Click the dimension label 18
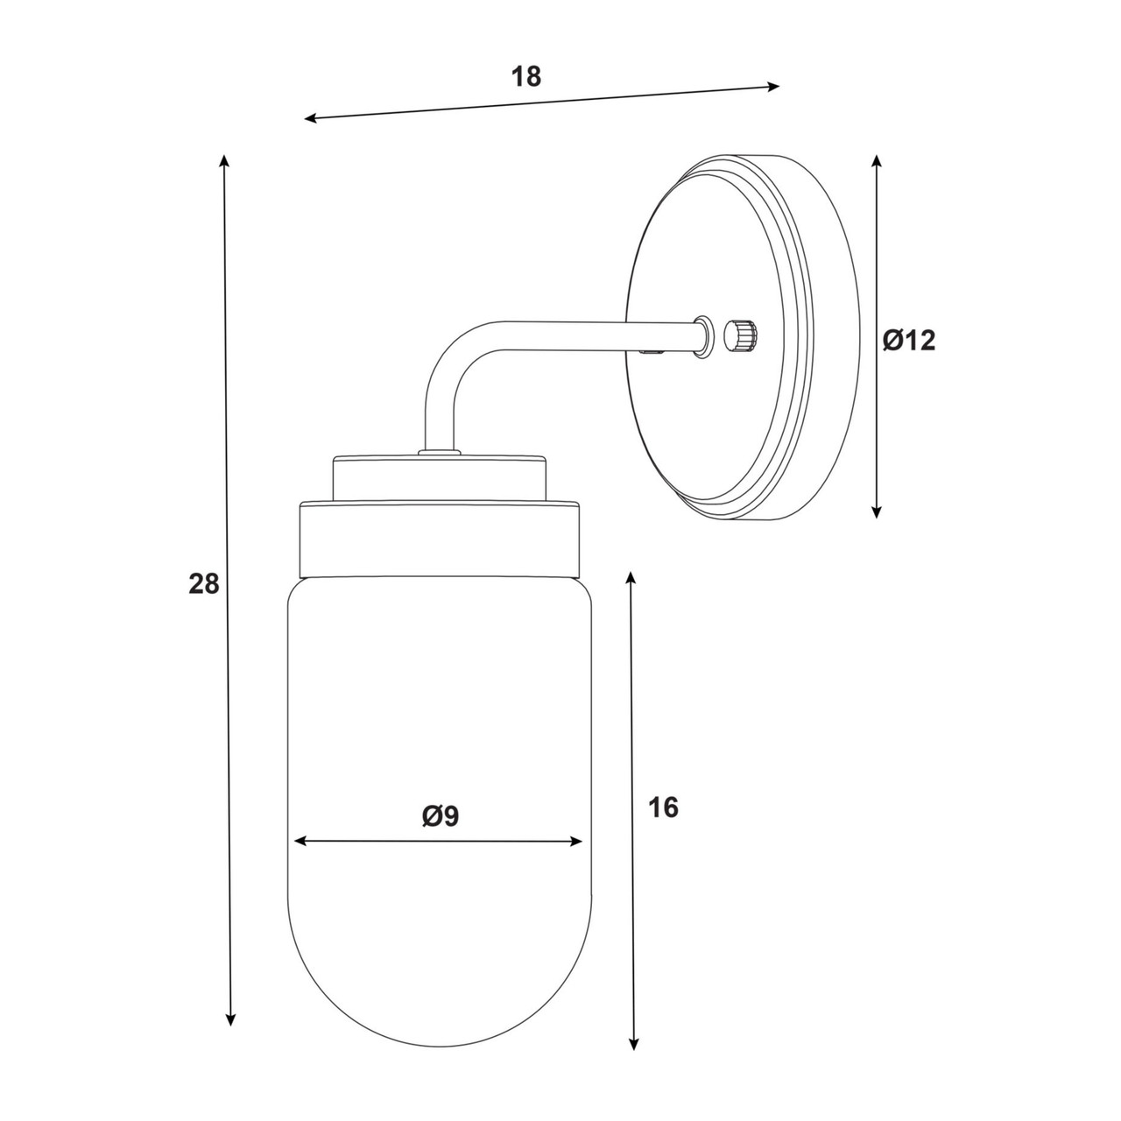[x=525, y=77]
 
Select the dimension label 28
[x=203, y=583]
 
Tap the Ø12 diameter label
[x=909, y=341]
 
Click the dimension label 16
[x=663, y=808]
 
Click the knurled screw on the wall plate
[x=741, y=335]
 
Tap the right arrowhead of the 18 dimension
[x=773, y=87]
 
